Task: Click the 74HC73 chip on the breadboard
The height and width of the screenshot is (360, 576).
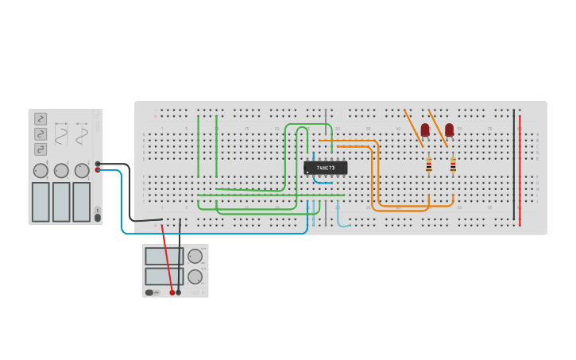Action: click(325, 168)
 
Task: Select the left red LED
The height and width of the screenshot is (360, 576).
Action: click(425, 130)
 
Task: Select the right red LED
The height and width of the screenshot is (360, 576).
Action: click(449, 130)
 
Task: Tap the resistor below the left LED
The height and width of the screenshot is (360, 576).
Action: click(429, 165)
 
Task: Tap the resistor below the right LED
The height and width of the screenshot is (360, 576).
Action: click(453, 165)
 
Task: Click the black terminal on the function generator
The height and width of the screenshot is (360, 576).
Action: click(98, 164)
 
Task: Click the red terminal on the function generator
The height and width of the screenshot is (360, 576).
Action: click(98, 169)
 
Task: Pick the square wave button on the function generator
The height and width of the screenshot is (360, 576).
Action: click(41, 149)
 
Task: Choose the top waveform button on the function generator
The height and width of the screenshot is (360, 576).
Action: click(41, 118)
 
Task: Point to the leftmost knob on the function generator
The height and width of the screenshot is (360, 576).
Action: click(41, 171)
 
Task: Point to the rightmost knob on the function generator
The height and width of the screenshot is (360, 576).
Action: click(82, 171)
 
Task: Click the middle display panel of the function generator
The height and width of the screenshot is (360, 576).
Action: click(61, 202)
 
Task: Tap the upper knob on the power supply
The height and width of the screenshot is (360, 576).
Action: click(195, 256)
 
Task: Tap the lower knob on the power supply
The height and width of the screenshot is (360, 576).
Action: click(195, 277)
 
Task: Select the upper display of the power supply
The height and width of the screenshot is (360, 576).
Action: click(164, 256)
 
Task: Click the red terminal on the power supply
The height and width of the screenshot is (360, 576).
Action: click(172, 292)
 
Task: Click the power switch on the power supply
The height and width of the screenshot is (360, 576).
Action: click(149, 292)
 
